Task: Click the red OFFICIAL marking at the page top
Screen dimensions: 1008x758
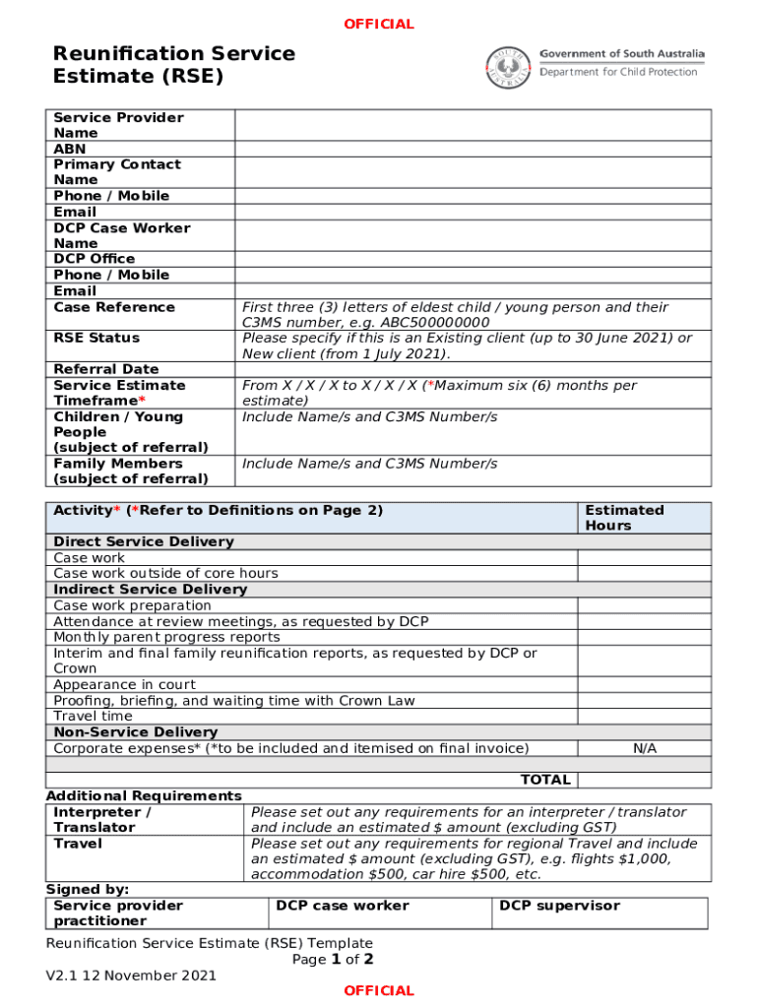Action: (x=379, y=24)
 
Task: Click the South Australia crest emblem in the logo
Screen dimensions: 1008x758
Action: (x=507, y=67)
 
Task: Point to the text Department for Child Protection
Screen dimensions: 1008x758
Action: (x=618, y=72)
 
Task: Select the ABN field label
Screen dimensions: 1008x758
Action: (x=69, y=149)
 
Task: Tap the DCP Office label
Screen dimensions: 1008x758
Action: (x=95, y=259)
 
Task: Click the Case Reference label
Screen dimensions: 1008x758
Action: (x=114, y=307)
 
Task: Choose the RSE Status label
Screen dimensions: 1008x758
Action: (x=96, y=338)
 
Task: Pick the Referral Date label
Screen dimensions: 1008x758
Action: (x=105, y=369)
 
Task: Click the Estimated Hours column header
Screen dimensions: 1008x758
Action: (x=624, y=518)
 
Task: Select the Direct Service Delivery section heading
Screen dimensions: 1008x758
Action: (x=144, y=541)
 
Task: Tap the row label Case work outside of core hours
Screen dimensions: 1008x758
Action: (x=165, y=573)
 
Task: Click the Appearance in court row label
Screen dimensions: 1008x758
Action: (x=124, y=684)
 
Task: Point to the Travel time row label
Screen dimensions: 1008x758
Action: (x=93, y=716)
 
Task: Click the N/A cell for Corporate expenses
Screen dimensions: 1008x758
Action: (x=644, y=748)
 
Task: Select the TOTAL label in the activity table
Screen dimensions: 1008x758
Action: (x=544, y=780)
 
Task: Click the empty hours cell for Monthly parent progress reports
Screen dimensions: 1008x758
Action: (x=644, y=637)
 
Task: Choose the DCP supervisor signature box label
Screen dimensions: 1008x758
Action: (x=559, y=906)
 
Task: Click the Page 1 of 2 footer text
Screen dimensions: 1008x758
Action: (x=333, y=959)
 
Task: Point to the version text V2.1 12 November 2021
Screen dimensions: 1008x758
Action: (x=131, y=976)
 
